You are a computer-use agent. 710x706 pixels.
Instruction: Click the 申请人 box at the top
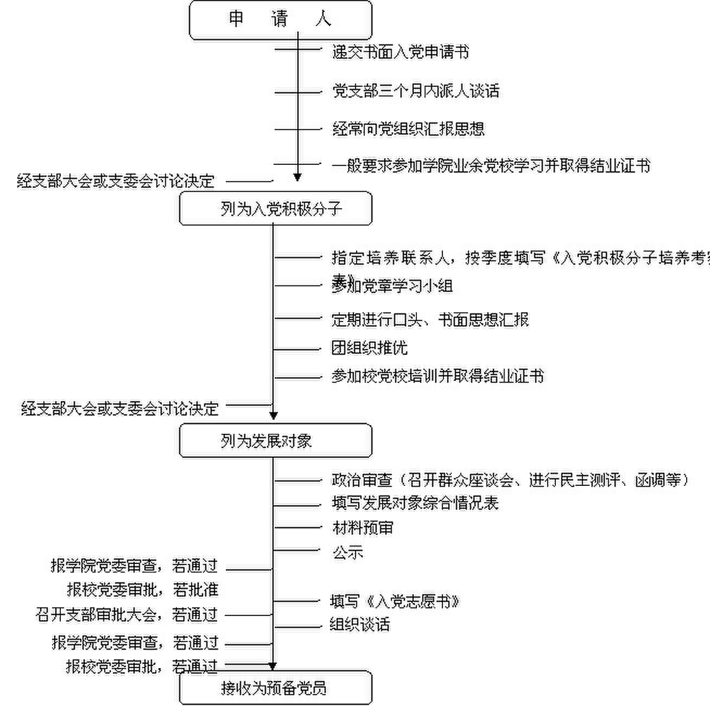(x=280, y=20)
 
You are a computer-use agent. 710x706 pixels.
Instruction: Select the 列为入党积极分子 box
(x=276, y=208)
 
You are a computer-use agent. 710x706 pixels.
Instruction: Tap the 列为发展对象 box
(x=276, y=441)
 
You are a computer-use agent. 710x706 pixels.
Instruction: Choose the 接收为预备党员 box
(x=276, y=688)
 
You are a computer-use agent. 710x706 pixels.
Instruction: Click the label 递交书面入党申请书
(x=401, y=52)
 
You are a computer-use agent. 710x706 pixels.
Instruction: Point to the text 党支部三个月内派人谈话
(x=416, y=91)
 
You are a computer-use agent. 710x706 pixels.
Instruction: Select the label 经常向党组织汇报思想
(x=408, y=129)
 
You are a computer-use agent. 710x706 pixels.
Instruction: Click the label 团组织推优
(x=369, y=348)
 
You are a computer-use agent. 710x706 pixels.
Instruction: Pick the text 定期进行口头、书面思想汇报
(x=430, y=320)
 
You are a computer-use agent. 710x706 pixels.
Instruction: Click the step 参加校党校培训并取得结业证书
(x=438, y=376)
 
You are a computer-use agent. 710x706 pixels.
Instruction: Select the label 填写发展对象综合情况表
(x=415, y=503)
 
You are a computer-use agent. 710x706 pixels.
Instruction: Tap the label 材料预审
(x=363, y=528)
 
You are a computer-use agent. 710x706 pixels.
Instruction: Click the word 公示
(x=348, y=553)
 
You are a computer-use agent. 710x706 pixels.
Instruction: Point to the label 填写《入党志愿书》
(x=395, y=601)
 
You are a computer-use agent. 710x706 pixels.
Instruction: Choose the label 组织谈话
(x=360, y=625)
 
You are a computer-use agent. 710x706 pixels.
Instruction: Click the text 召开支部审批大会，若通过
(x=126, y=615)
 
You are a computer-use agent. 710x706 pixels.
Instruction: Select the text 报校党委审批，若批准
(x=142, y=589)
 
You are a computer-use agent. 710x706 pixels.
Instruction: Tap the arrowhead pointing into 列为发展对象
(x=274, y=416)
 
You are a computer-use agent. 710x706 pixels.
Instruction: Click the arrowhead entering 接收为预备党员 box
(x=273, y=666)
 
